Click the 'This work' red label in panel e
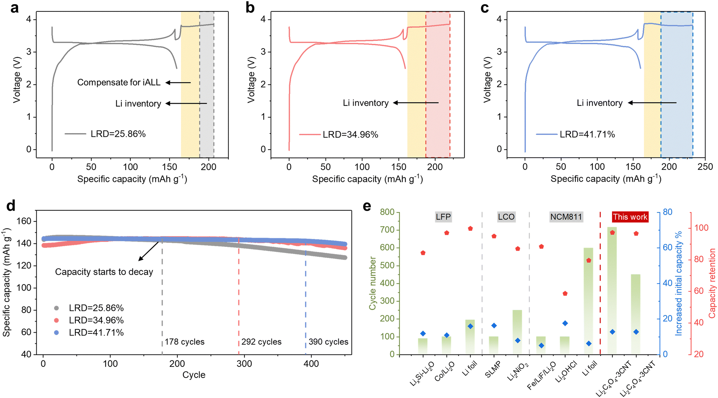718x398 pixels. pos(630,217)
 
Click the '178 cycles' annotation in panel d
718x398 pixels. pos(185,342)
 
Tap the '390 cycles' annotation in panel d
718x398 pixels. pos(328,342)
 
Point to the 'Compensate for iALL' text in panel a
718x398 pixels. pos(119,83)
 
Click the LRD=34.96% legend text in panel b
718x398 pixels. pos(350,135)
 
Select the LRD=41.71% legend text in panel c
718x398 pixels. pos(587,134)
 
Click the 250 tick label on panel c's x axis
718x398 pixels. pos(705,167)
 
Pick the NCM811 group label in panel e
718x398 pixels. pos(566,217)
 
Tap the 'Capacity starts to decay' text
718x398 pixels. pos(104,272)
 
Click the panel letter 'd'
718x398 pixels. pos(11,206)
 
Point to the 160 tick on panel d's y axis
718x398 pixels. pos(24,221)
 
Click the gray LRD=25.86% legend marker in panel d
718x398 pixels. pos(56,308)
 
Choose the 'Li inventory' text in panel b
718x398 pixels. pos(365,103)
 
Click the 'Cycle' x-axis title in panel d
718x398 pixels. pos(194,375)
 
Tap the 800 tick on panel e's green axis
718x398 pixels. pos(387,212)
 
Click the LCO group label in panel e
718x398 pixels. pos(506,217)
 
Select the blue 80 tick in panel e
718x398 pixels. pos(667,212)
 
